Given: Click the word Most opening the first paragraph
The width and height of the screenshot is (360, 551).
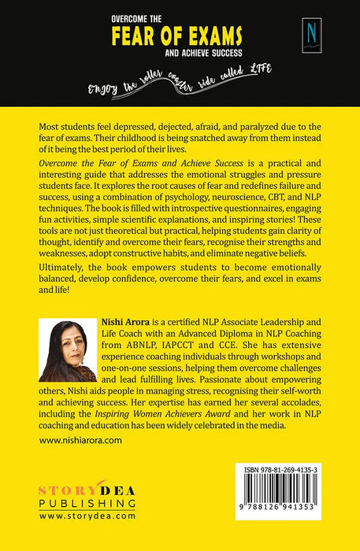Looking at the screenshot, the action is pos(50,125).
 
